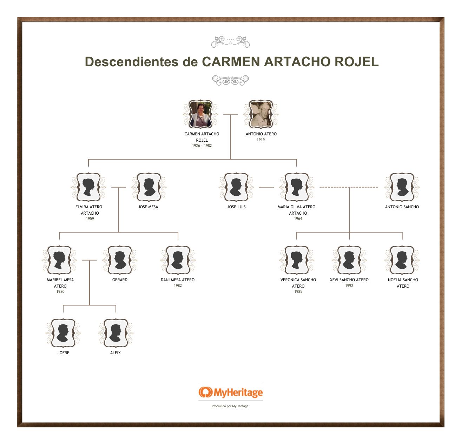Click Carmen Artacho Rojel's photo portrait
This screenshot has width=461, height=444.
[201, 114]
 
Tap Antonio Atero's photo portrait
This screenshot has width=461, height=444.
[261, 114]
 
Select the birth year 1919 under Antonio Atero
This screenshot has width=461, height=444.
[261, 140]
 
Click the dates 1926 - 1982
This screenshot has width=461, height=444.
[202, 146]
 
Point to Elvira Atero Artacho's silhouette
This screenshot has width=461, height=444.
[88, 187]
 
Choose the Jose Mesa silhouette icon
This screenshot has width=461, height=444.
[149, 187]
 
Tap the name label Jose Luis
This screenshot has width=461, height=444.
[236, 207]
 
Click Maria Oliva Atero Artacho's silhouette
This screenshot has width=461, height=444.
[297, 187]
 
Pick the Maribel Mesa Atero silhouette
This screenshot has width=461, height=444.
[59, 260]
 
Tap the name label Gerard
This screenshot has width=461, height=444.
[120, 280]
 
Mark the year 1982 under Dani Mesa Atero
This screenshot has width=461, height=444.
[178, 285]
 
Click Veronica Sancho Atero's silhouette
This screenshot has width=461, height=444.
[297, 260]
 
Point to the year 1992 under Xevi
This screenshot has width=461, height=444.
[349, 285]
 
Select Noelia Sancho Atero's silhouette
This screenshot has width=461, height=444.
[402, 260]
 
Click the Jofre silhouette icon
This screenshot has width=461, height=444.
[63, 333]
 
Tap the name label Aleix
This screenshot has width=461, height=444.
[116, 353]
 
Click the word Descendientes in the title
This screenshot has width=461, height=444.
[131, 62]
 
